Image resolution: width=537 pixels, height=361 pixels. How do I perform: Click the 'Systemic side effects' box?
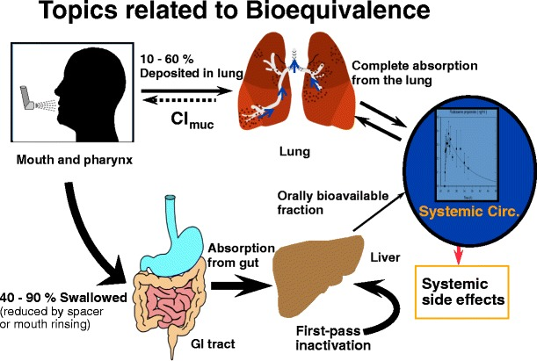coord(461,291)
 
